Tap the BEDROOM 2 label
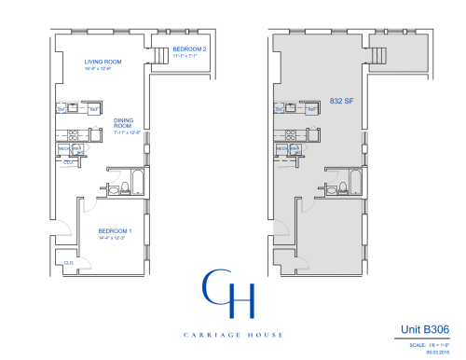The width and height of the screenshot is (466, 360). (189, 48)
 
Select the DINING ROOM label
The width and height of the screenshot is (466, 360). (124, 123)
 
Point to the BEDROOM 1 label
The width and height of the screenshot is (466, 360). (116, 230)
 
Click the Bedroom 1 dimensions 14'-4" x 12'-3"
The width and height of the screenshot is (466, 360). (116, 238)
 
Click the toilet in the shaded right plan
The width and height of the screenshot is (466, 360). (341, 190)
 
